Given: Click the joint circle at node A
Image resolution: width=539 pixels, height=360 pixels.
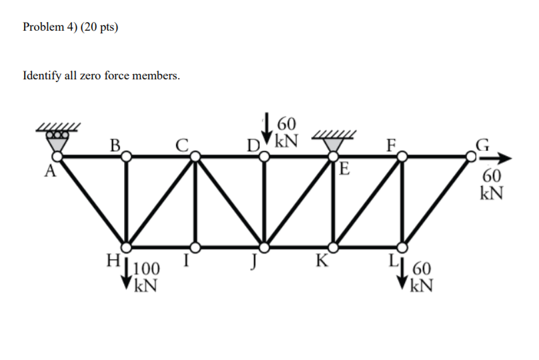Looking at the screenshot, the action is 58,156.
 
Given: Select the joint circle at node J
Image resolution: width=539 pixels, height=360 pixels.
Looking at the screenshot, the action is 265,247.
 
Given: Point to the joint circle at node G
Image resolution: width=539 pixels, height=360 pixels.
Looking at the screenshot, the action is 472,156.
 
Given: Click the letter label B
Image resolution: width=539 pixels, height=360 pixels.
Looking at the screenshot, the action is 115,145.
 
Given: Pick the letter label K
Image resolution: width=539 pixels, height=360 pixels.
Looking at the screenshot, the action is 322,261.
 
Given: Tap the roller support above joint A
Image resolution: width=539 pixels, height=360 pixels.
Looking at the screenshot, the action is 58,136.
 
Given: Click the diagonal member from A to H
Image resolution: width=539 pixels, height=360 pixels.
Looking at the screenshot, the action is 92,201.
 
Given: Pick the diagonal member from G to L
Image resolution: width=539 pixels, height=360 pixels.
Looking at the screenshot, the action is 437,201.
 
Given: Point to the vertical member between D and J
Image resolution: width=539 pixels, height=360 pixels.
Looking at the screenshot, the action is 265,201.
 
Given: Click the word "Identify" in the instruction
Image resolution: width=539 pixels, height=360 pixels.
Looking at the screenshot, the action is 41,76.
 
